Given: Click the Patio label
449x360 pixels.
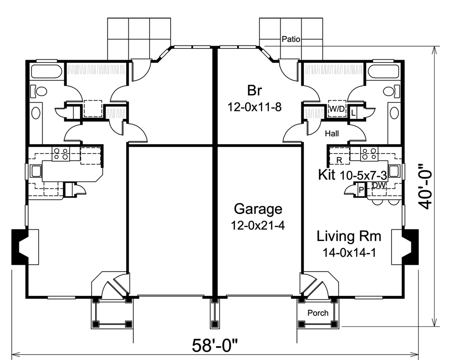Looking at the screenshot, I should [291, 40].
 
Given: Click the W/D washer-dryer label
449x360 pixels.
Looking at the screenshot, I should [337, 109].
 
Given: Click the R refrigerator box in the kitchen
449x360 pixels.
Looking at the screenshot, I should [339, 159].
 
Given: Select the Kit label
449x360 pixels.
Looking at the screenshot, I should [327, 175].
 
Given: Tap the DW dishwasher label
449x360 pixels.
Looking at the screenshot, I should [379, 184].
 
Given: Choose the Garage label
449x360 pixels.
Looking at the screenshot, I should [258, 209].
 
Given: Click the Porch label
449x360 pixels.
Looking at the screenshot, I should [318, 313].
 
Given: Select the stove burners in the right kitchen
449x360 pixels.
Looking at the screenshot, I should [370, 154].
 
